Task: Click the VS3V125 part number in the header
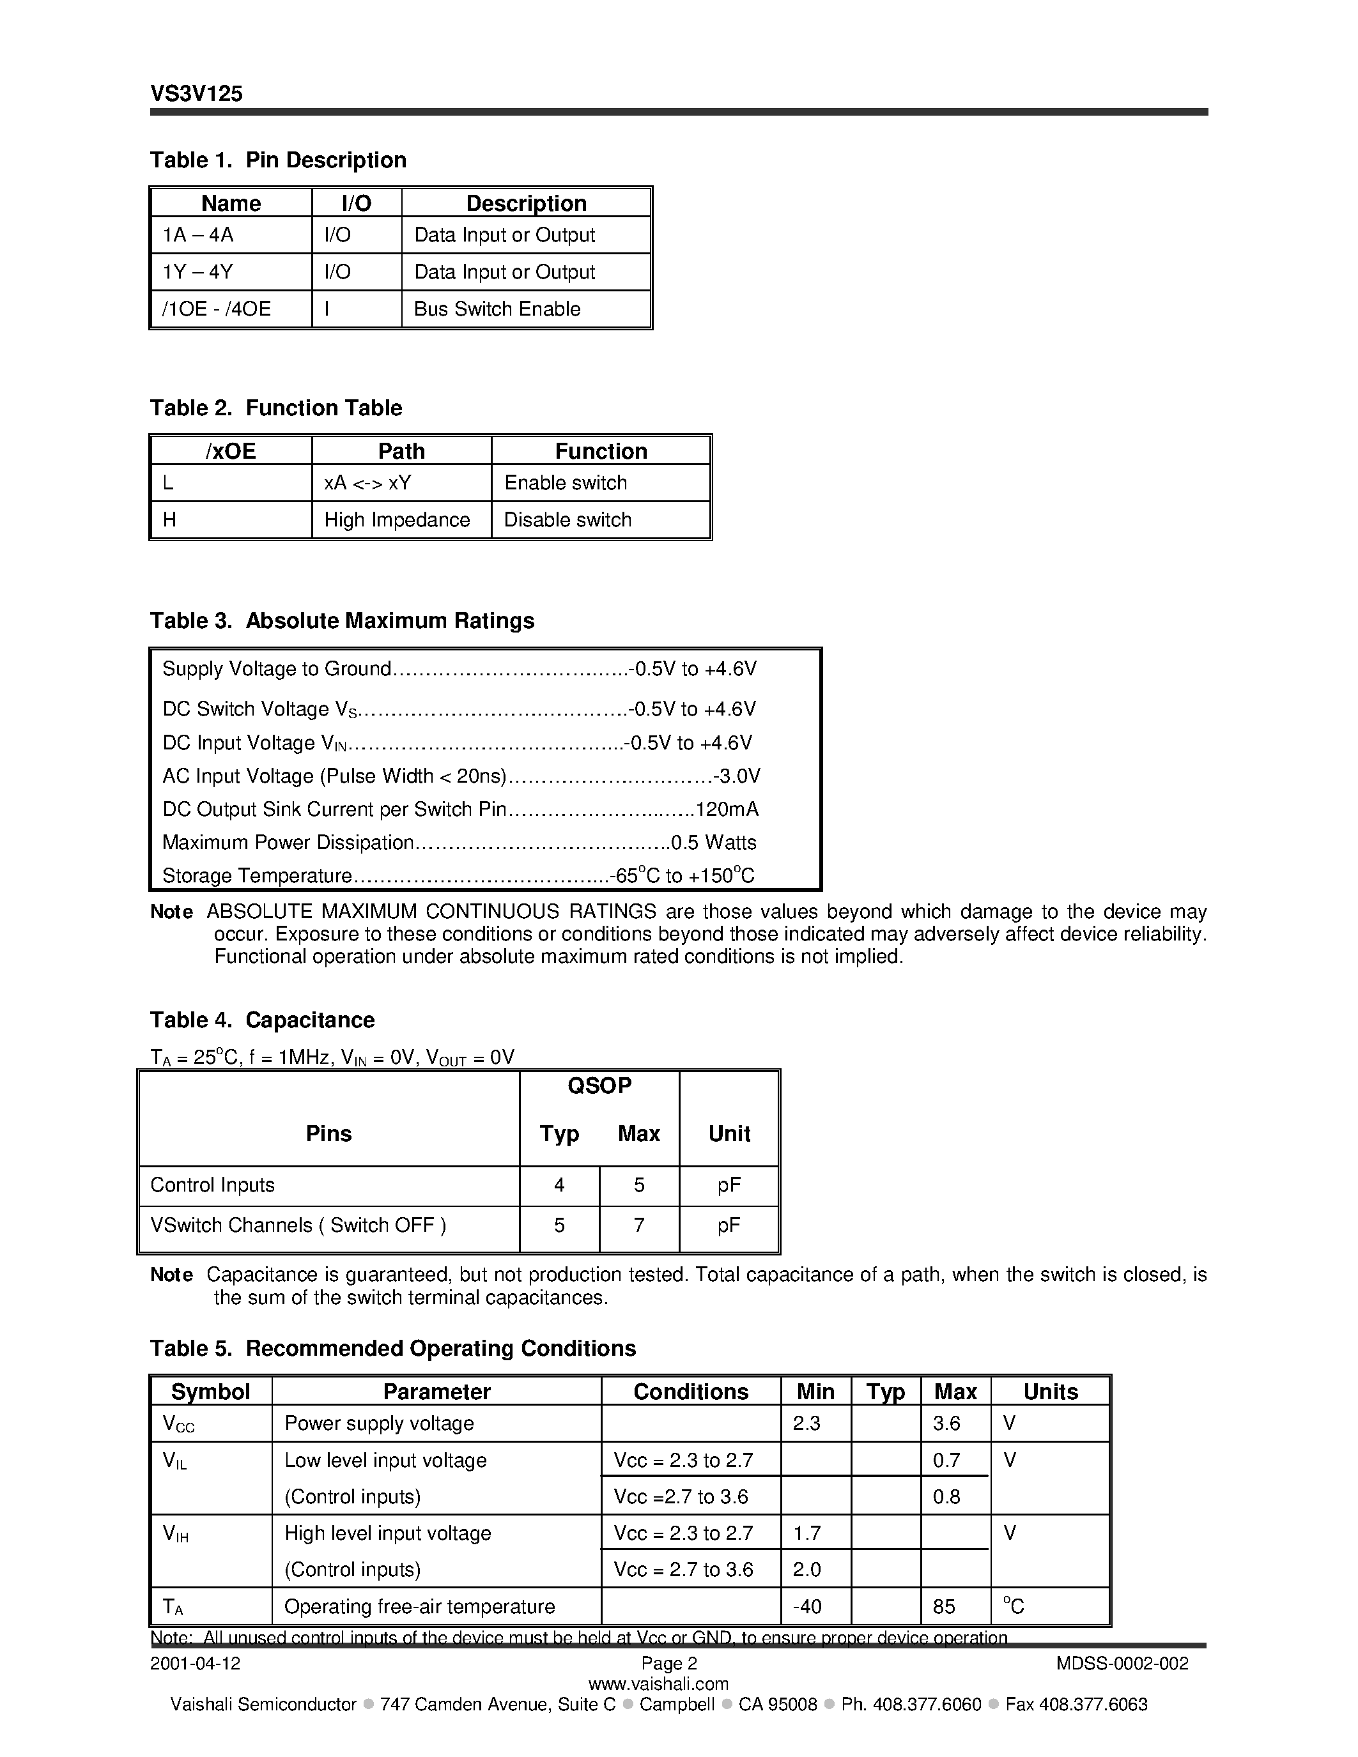click(196, 94)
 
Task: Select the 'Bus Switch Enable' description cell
click(497, 309)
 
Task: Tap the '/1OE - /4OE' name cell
click(217, 309)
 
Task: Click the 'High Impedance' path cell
click(397, 519)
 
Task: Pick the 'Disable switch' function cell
click(567, 519)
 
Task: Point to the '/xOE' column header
click(231, 450)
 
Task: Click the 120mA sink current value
click(727, 809)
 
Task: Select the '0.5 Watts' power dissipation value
click(714, 842)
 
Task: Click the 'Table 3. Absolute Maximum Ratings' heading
click(342, 620)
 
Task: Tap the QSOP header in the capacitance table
click(599, 1086)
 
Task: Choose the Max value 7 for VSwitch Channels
click(639, 1225)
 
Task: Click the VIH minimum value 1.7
click(807, 1533)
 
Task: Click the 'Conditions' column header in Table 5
click(690, 1392)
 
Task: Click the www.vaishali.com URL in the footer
click(658, 1684)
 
